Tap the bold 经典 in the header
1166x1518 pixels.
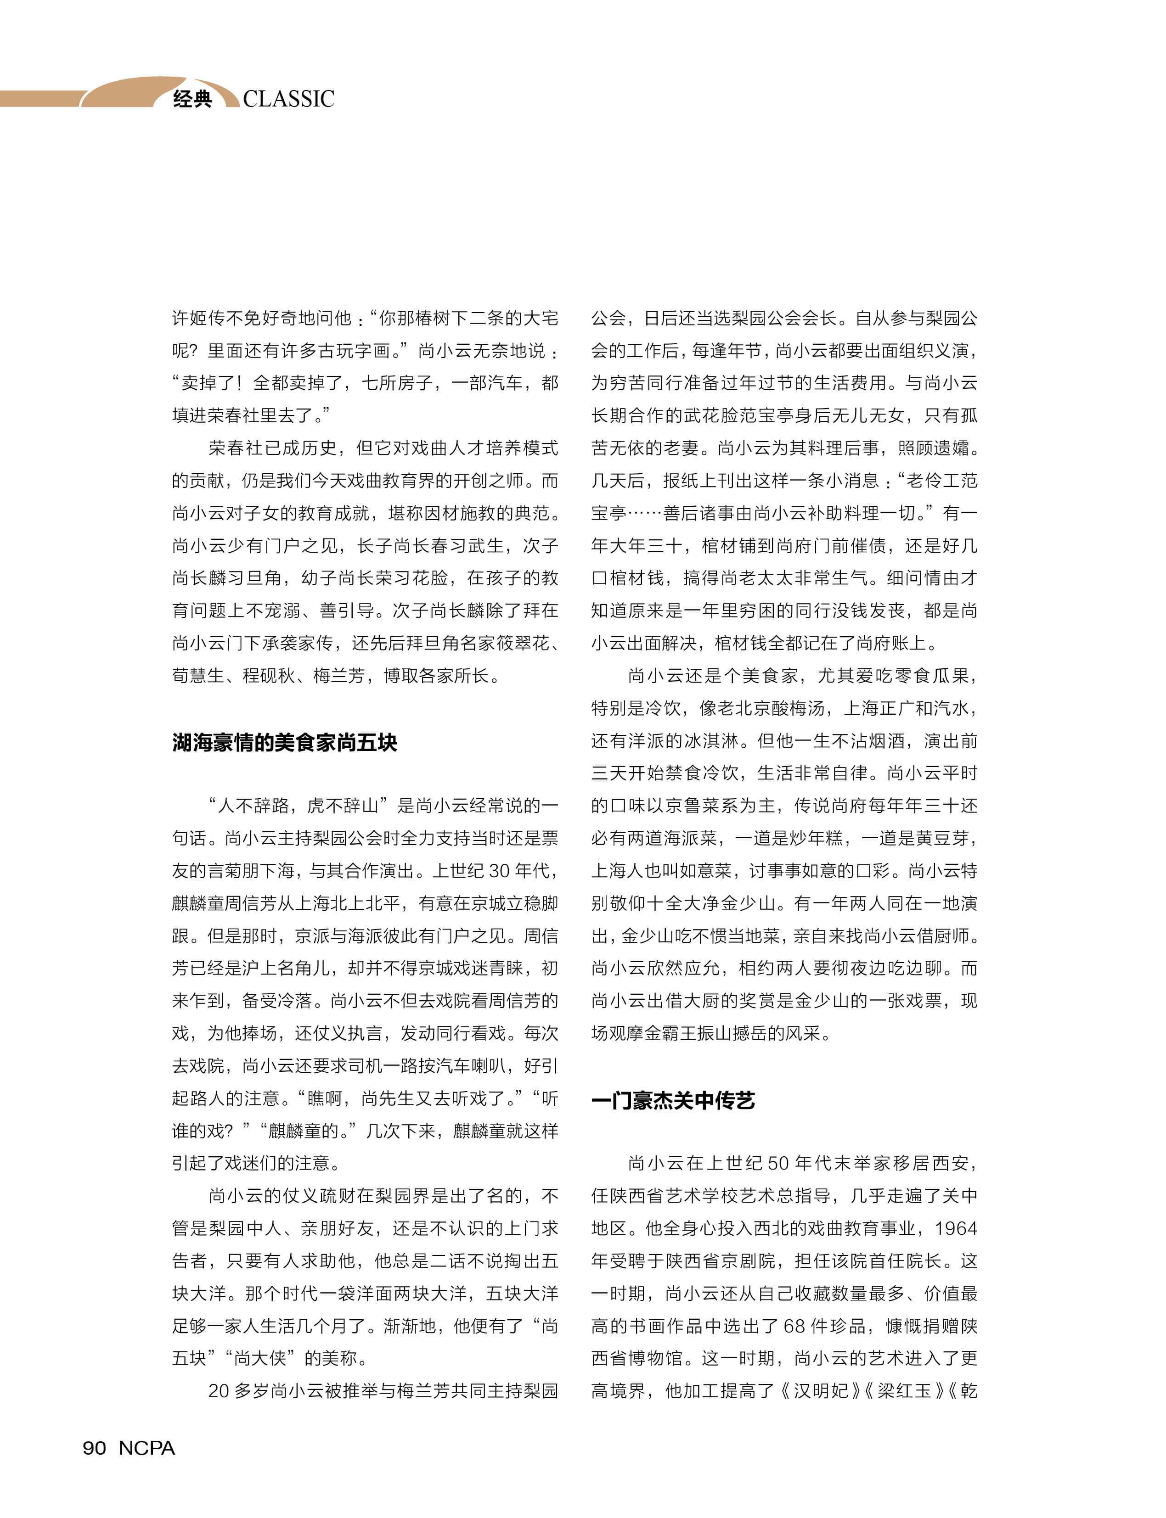point(192,99)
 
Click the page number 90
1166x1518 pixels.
point(95,1448)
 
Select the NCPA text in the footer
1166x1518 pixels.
point(146,1448)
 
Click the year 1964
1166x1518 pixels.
point(956,1228)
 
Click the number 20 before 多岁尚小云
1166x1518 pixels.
point(219,1390)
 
